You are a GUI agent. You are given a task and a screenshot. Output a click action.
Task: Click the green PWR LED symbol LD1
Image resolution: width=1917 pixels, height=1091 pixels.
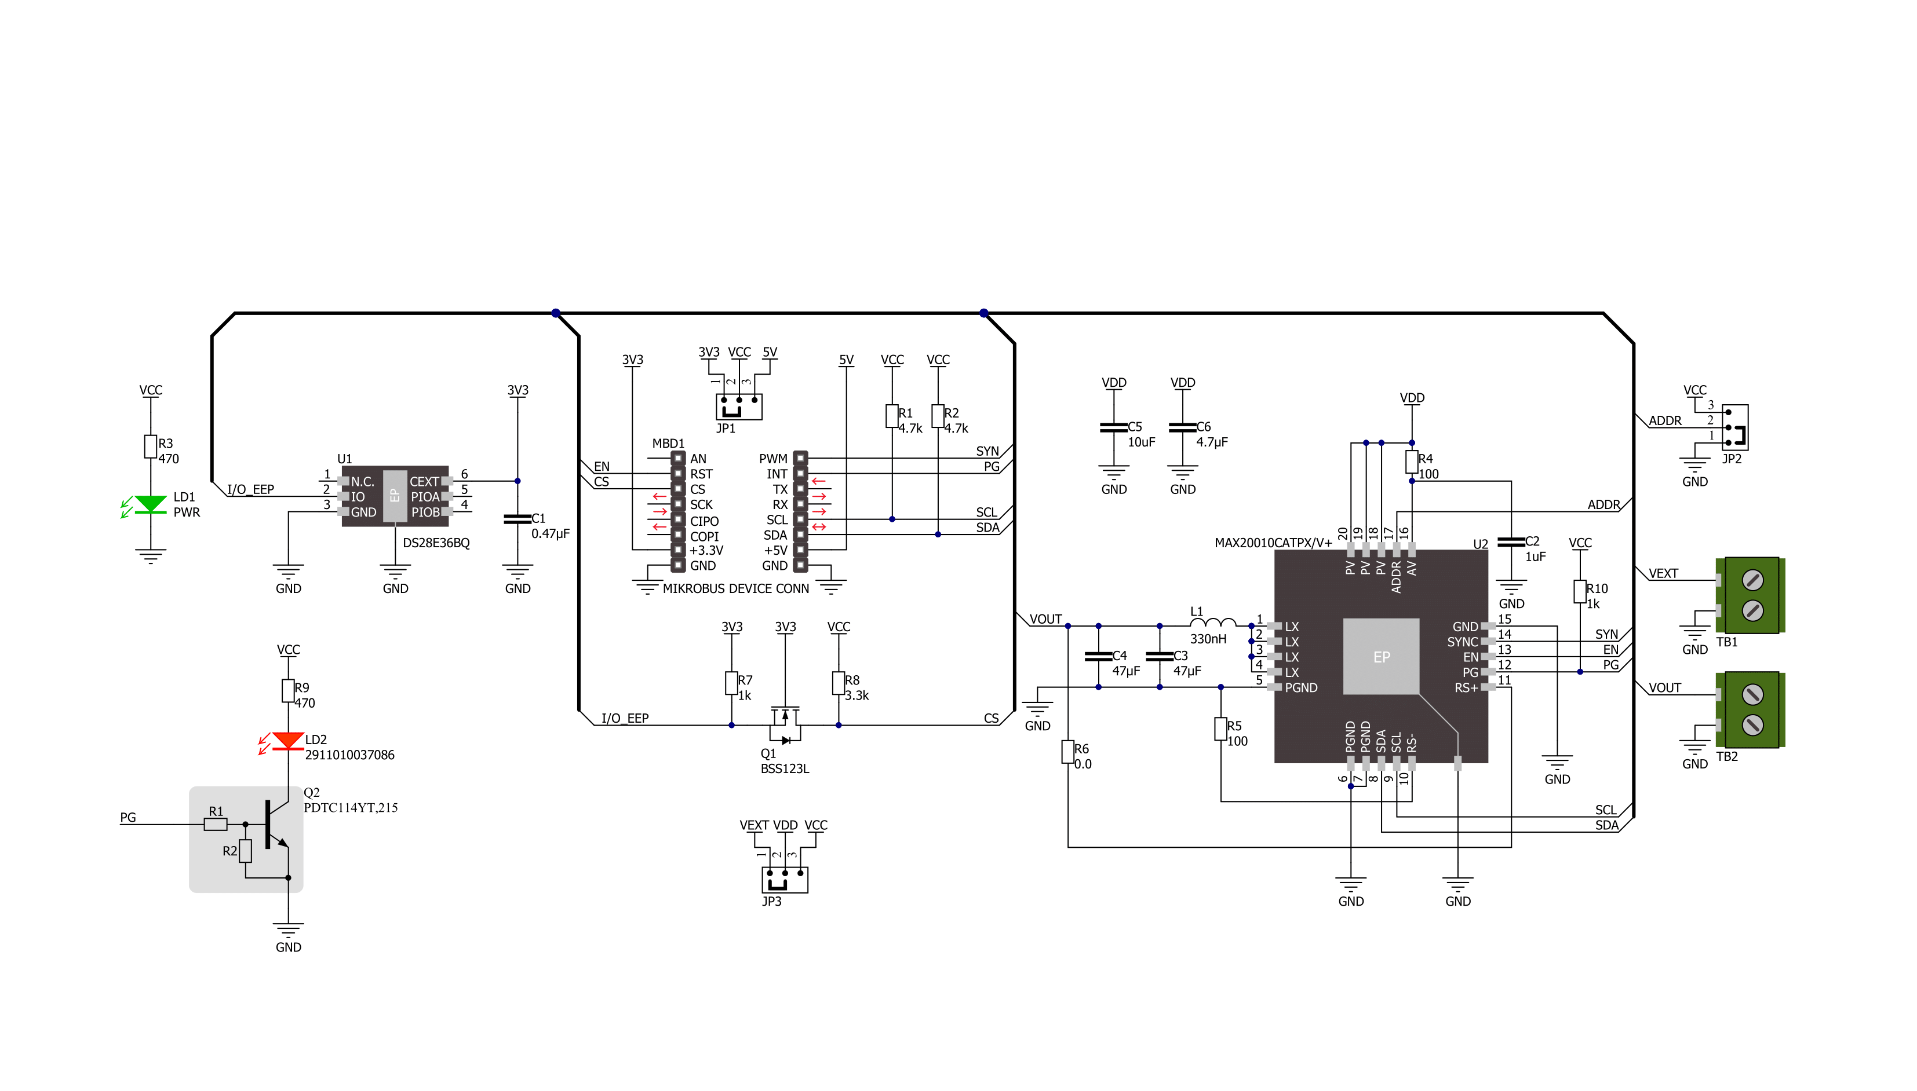(150, 504)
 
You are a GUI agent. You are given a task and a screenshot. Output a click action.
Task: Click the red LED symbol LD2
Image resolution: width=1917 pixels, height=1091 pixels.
(288, 741)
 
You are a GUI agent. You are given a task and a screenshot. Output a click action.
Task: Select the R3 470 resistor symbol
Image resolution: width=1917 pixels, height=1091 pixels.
(151, 446)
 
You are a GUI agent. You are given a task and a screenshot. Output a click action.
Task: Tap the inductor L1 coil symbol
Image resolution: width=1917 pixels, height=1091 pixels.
(1213, 622)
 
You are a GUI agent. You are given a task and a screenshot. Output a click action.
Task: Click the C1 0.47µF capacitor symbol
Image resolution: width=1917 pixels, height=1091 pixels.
(517, 518)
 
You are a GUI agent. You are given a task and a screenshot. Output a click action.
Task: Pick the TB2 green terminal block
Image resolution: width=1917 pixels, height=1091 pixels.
(1751, 709)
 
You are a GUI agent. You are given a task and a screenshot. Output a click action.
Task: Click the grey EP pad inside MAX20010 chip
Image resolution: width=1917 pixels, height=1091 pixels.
(1381, 657)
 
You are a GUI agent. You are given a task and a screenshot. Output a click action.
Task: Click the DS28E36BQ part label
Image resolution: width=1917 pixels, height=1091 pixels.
(436, 543)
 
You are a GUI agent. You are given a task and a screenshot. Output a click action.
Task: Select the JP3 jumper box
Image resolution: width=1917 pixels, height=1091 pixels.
(785, 880)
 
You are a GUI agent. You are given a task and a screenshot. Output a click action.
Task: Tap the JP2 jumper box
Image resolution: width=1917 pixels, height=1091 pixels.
(1735, 427)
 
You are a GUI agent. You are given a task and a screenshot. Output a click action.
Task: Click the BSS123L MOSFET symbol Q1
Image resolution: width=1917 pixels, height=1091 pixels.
(785, 724)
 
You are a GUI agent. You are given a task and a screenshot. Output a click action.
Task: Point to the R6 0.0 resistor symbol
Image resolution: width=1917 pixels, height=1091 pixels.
(1067, 752)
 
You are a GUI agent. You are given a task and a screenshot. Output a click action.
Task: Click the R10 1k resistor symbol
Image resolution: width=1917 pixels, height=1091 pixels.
(1580, 591)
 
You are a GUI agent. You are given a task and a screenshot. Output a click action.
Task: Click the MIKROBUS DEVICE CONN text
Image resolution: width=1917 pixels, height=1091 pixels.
(735, 588)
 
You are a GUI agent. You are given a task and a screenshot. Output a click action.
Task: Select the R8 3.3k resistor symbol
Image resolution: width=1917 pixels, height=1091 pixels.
(838, 683)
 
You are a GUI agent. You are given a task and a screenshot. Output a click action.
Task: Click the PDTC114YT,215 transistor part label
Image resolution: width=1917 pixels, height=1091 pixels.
(351, 807)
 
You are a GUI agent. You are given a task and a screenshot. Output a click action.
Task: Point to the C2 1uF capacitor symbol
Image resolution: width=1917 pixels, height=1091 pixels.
(1511, 542)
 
